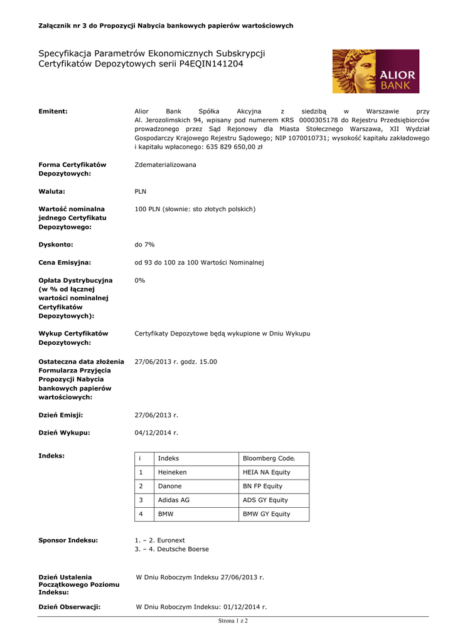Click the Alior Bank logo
point(375,71)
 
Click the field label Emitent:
point(53,111)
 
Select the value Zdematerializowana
point(165,165)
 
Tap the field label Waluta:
point(52,191)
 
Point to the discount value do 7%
point(145,244)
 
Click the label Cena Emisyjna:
point(65,262)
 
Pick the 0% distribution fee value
point(140,280)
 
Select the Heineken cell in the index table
point(172,472)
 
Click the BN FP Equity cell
point(262,486)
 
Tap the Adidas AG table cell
point(173,500)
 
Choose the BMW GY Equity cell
point(266,514)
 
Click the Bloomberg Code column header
point(268,458)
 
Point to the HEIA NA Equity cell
point(266,472)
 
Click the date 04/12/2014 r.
point(156,433)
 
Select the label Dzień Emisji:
point(61,415)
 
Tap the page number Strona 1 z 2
point(233,621)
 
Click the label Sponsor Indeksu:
point(68,540)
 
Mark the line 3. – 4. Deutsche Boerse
point(171,549)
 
